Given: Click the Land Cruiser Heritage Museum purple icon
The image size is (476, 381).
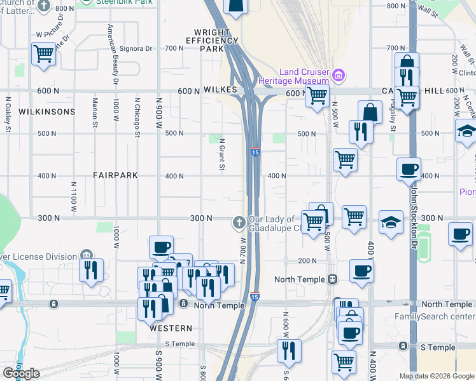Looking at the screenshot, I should pyautogui.click(x=338, y=76).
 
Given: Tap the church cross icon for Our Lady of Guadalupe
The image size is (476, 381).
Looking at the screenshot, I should pyautogui.click(x=239, y=222).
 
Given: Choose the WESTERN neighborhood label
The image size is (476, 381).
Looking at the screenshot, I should pyautogui.click(x=171, y=328).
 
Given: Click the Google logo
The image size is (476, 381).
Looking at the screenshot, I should pyautogui.click(x=21, y=373).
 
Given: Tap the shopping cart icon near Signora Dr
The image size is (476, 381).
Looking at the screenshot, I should pyautogui.click(x=43, y=54).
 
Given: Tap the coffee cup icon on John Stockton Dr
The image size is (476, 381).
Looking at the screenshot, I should pyautogui.click(x=409, y=169).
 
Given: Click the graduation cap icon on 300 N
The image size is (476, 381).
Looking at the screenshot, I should pyautogui.click(x=391, y=222).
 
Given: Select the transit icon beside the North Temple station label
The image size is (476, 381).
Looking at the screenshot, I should pyautogui.click(x=332, y=279).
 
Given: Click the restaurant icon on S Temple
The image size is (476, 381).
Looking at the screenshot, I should pyautogui.click(x=289, y=350).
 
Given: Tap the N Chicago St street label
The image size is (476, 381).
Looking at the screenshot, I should pyautogui.click(x=137, y=117).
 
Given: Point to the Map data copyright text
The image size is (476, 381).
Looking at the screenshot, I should pyautogui.click(x=437, y=376).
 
